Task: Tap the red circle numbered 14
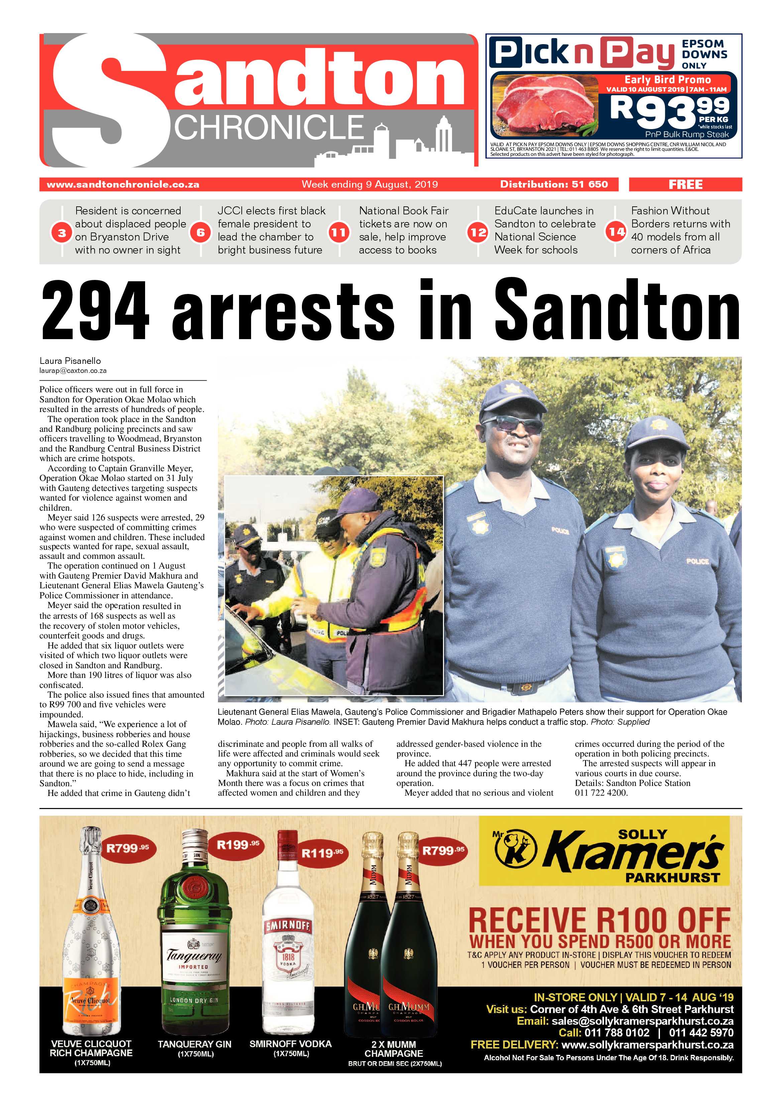[x=616, y=232]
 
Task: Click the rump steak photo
[x=544, y=105]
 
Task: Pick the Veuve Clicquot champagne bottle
[x=92, y=939]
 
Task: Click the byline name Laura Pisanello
[x=70, y=361]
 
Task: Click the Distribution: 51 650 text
[x=554, y=185]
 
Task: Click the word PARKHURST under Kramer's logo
[x=672, y=877]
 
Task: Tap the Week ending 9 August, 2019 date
[x=369, y=185]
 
